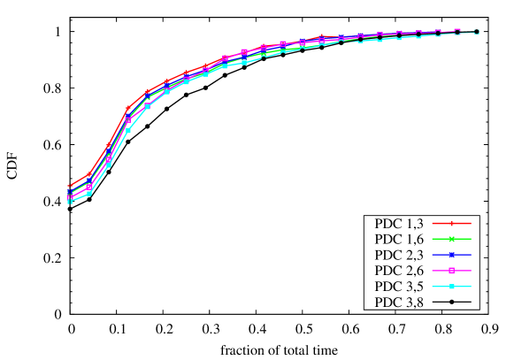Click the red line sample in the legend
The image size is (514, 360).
click(x=451, y=223)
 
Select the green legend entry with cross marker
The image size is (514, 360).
click(x=451, y=239)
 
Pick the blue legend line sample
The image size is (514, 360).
click(x=451, y=255)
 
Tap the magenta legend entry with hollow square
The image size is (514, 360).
click(x=451, y=271)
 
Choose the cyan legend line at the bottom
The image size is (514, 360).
click(x=451, y=287)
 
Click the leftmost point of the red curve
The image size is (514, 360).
click(x=69, y=187)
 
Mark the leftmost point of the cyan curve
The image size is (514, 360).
click(x=69, y=202)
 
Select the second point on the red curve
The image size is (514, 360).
click(x=88, y=174)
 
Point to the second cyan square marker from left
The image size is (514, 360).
click(x=88, y=193)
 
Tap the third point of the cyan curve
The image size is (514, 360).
click(x=108, y=165)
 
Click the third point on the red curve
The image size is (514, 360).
click(x=108, y=145)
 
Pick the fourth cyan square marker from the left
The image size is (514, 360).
click(x=127, y=130)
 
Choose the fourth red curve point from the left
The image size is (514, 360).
click(x=127, y=108)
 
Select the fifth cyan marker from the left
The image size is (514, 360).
click(x=147, y=106)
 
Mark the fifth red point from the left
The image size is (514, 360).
click(x=147, y=91)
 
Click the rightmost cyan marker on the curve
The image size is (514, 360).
click(x=477, y=32)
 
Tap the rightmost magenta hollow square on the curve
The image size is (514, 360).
click(x=457, y=31)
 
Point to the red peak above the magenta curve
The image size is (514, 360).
click(x=321, y=36)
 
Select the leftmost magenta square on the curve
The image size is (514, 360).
click(x=69, y=196)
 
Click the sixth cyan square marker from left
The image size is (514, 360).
click(x=166, y=91)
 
